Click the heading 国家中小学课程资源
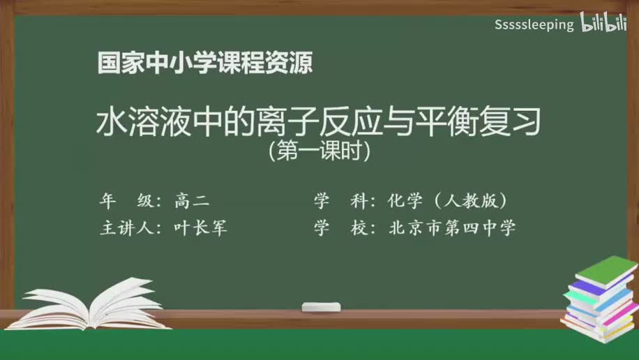[204, 64]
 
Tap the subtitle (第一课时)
[319, 151]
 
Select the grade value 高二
[192, 202]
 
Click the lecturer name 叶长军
[201, 228]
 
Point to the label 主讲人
[129, 228]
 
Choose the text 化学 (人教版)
[451, 202]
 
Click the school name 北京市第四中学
[452, 228]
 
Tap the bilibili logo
[603, 24]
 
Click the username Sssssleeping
[534, 25]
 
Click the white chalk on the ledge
[321, 306]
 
